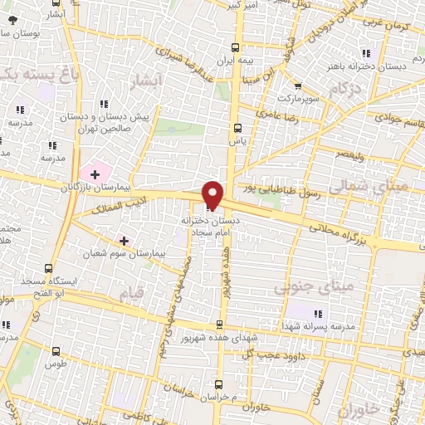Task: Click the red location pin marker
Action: tap(213, 194)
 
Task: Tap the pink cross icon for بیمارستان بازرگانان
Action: tap(95, 174)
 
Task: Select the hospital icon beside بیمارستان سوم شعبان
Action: tap(124, 241)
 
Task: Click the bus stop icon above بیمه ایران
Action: tap(237, 47)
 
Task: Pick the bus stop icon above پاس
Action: tap(238, 127)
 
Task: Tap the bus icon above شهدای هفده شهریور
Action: tap(219, 324)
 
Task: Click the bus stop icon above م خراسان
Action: tap(218, 383)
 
